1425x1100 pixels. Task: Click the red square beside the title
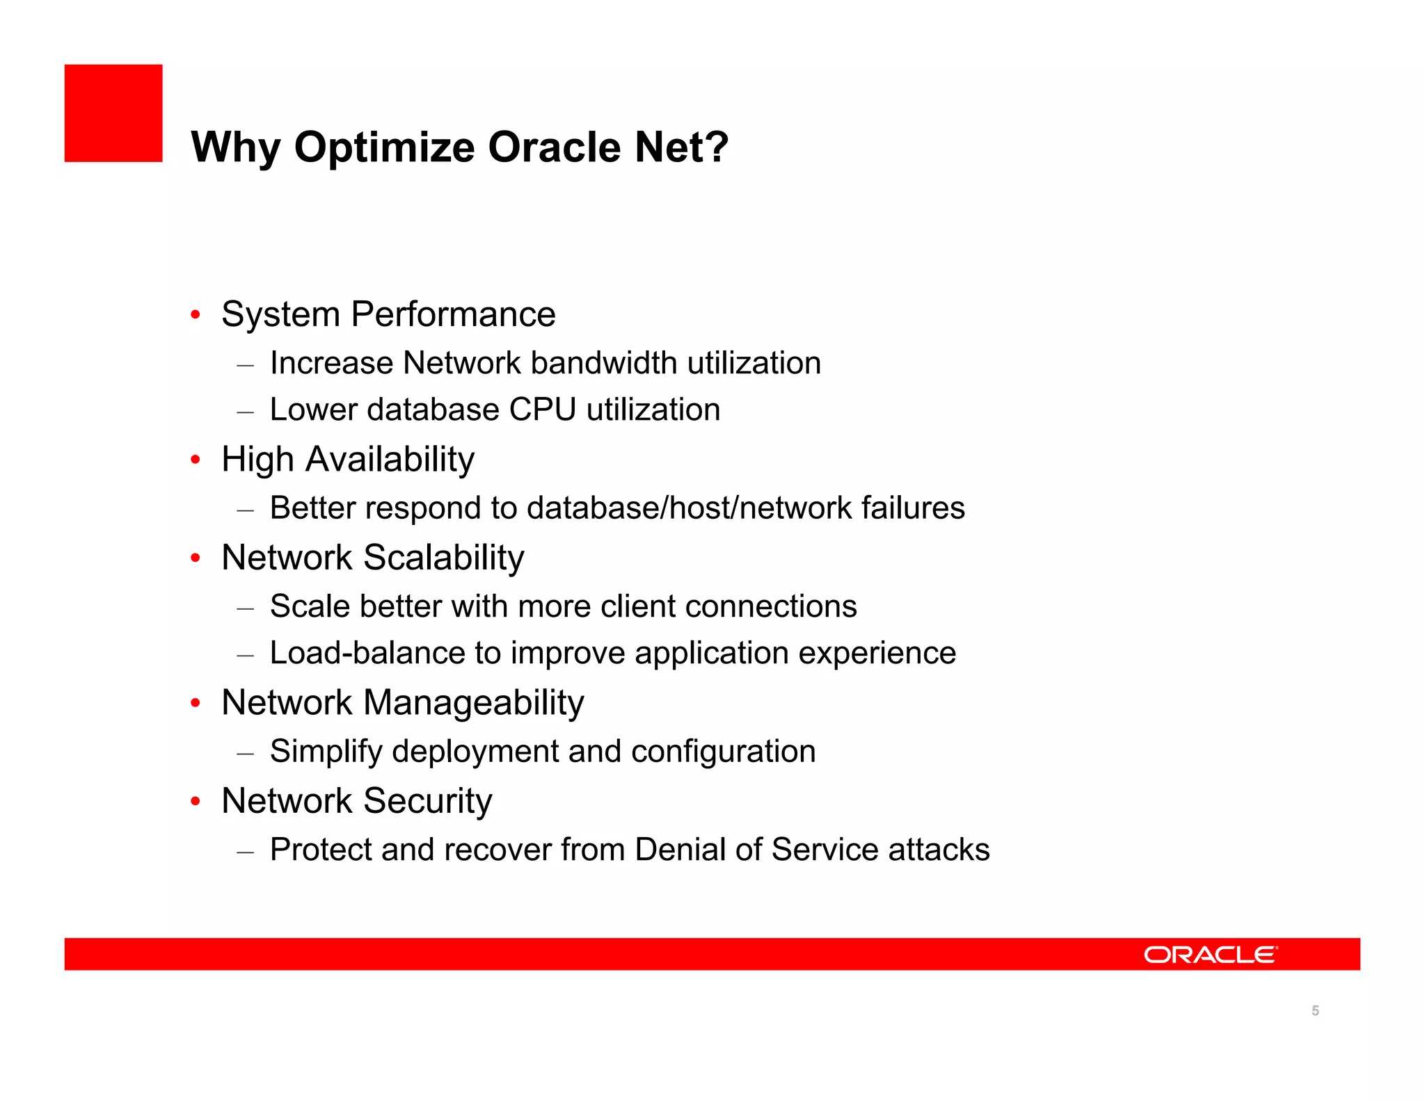[113, 113]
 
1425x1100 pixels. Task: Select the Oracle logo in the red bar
[1210, 955]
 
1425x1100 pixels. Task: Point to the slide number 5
[1315, 1010]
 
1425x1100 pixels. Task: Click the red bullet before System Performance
[196, 315]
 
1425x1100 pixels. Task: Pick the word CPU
[542, 410]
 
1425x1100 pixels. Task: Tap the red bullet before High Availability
[196, 460]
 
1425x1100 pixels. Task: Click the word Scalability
[443, 558]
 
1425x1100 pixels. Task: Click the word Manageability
[473, 703]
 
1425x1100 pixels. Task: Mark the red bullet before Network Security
[196, 802]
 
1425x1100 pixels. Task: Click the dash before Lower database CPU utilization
[245, 412]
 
